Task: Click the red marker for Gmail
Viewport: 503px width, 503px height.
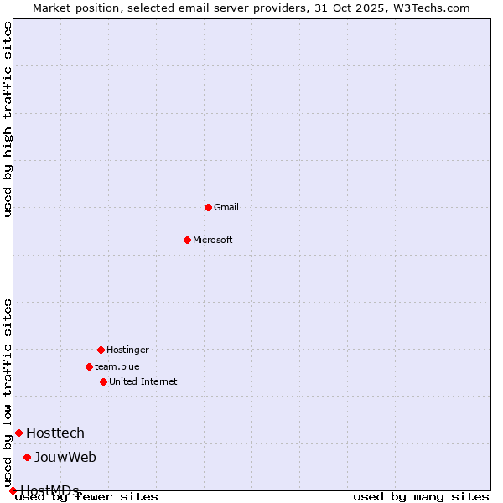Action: click(208, 207)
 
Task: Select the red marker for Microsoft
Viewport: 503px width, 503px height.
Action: click(187, 240)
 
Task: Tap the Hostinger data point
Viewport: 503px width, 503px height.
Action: click(101, 350)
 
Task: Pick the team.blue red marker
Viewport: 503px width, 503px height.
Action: click(89, 366)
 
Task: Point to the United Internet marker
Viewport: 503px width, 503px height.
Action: click(103, 381)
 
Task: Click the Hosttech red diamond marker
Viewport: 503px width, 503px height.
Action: click(18, 433)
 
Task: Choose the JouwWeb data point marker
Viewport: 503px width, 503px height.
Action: click(27, 457)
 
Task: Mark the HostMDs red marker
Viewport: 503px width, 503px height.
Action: click(13, 490)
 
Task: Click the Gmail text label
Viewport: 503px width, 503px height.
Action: click(226, 207)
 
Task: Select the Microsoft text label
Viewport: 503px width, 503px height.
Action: click(213, 240)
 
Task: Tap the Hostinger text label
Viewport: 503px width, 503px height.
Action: click(127, 350)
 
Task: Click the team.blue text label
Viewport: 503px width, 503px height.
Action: click(117, 366)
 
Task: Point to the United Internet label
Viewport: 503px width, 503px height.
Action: click(143, 381)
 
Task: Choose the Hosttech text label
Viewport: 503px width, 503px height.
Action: click(55, 433)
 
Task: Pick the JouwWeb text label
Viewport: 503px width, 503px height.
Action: click(65, 457)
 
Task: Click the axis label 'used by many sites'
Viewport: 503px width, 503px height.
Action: click(421, 497)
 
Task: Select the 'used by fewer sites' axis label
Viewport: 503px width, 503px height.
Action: click(87, 497)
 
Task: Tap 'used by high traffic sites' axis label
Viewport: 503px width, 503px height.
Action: click(8, 119)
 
